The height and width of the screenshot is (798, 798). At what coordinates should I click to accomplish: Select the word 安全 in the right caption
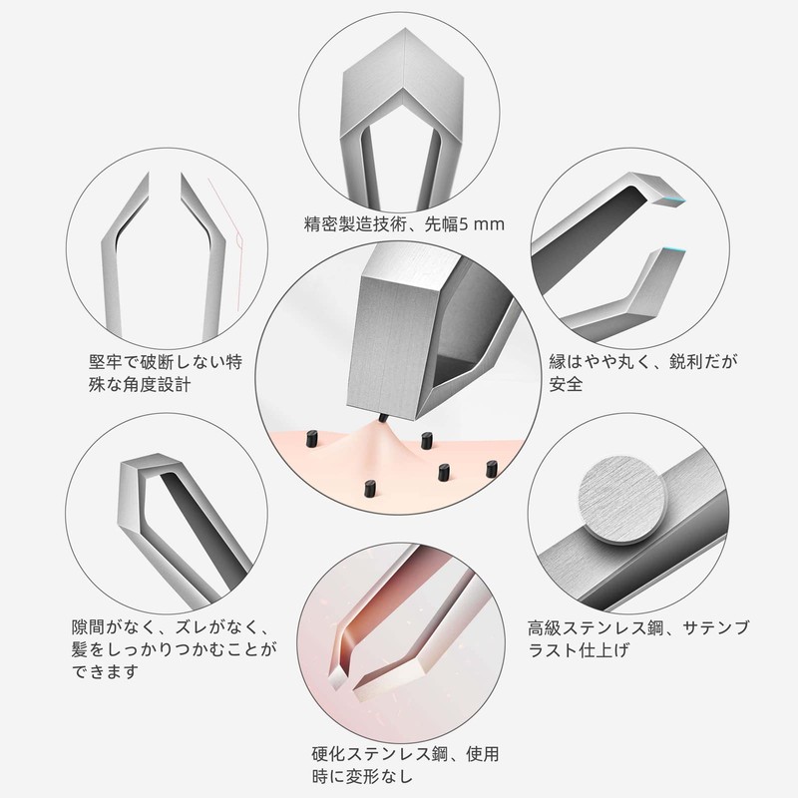tap(565, 383)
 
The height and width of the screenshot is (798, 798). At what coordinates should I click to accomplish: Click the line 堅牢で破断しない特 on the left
tap(164, 358)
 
